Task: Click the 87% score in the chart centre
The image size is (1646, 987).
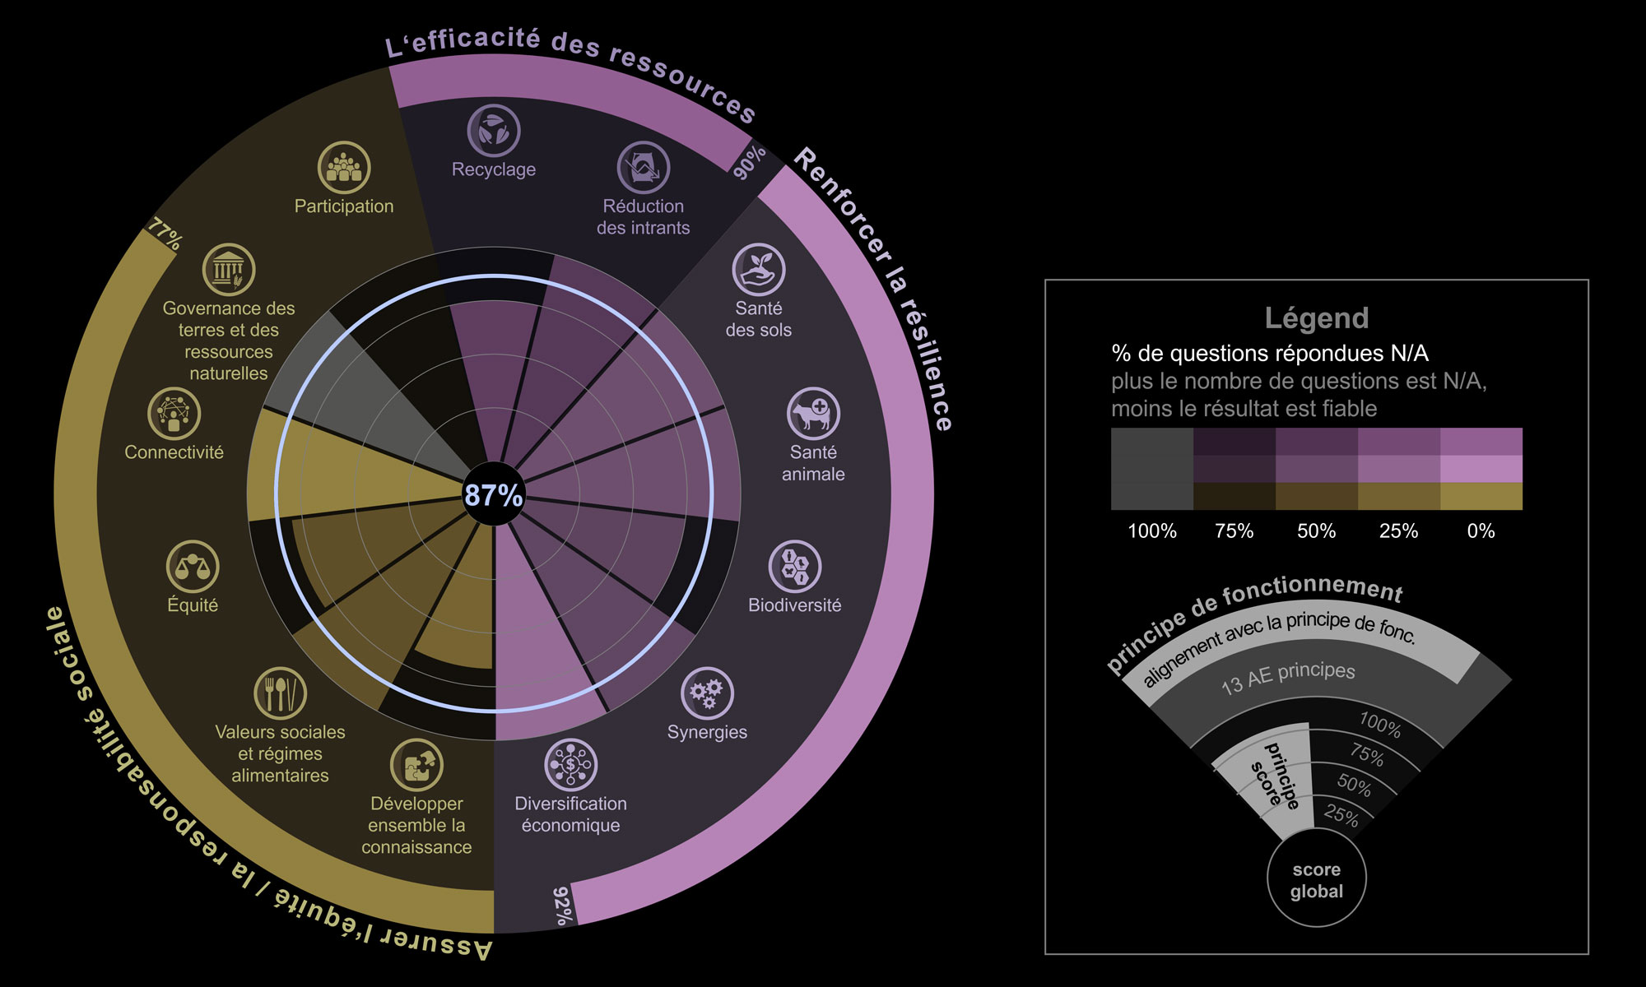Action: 494,495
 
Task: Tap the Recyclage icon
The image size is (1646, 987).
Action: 494,131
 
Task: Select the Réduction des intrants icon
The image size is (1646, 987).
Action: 644,168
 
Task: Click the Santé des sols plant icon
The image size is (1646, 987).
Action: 759,270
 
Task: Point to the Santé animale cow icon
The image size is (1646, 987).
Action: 813,414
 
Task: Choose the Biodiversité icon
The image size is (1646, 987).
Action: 795,567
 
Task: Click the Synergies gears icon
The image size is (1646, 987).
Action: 707,693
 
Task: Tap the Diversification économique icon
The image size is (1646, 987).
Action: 571,765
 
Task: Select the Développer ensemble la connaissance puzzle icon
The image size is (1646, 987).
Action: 416,765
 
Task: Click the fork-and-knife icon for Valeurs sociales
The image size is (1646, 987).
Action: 281,693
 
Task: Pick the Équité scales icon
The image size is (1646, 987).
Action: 193,567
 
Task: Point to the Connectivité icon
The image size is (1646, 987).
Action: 174,414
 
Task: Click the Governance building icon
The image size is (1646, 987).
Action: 229,270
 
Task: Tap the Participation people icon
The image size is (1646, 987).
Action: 344,168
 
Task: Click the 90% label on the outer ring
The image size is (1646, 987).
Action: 749,163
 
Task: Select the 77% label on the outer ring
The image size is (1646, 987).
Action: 165,235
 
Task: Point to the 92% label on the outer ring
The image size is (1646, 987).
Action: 561,906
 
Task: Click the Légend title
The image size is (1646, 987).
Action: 1317,318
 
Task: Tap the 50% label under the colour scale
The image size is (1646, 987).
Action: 1317,531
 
